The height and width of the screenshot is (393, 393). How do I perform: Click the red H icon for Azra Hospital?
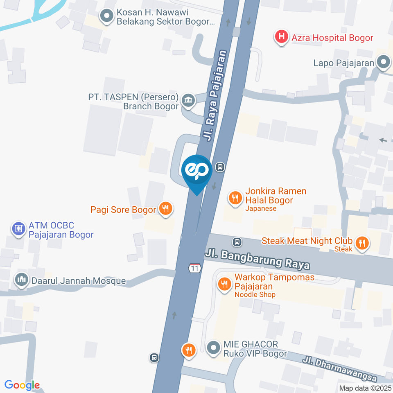pos(282,38)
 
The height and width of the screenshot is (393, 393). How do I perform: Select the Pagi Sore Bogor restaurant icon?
pos(166,209)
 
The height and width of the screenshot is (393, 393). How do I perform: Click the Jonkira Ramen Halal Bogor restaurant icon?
pos(235,199)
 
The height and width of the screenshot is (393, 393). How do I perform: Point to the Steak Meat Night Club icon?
pos(361,243)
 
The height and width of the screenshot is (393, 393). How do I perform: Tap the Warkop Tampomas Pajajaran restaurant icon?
pos(224,284)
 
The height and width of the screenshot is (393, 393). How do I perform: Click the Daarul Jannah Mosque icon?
pos(21,280)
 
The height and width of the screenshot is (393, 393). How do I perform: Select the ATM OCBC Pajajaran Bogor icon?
pos(18,230)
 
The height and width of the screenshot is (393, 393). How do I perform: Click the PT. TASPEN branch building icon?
pos(188,100)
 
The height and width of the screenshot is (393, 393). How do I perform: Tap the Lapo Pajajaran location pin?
pos(384,63)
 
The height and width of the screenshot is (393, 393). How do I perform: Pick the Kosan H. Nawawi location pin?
pos(107,16)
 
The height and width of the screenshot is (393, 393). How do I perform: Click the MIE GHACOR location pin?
pos(213,348)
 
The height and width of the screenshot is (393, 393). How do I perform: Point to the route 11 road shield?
pos(195,268)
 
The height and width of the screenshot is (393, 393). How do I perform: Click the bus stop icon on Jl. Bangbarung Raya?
pos(237,242)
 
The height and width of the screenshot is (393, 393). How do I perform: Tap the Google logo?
pos(22,385)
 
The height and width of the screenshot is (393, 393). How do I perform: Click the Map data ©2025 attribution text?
pos(365,388)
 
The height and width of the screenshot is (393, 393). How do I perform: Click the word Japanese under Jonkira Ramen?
pos(261,208)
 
